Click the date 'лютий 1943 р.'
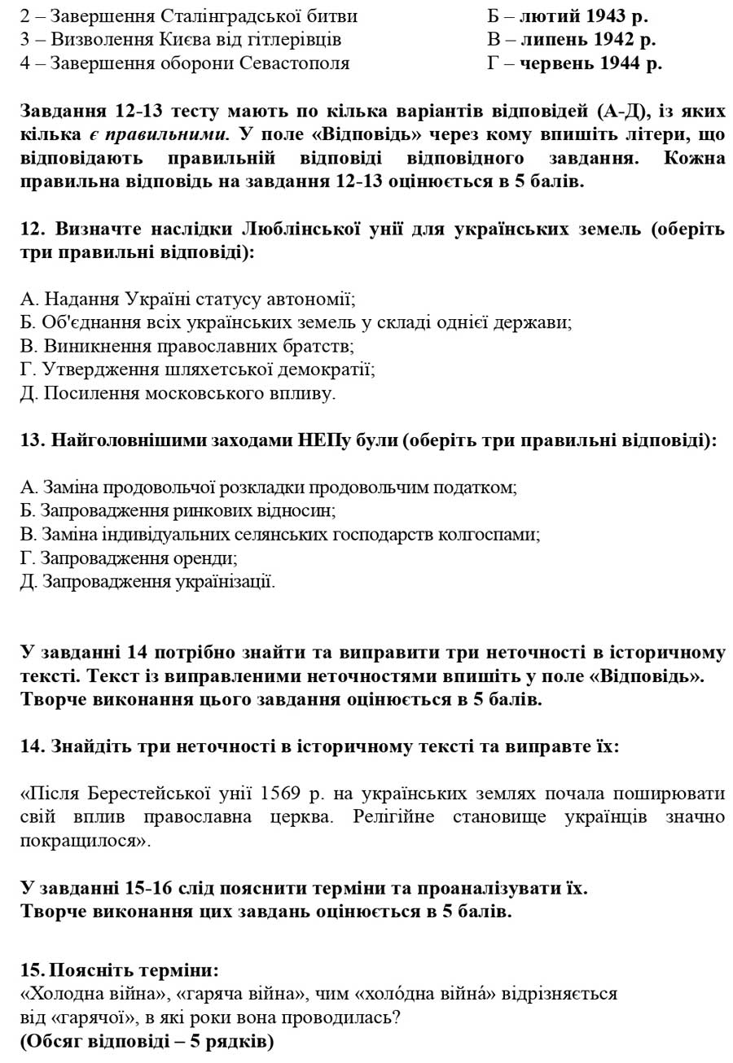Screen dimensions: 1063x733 583,16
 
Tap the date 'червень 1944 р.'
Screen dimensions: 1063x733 590,63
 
